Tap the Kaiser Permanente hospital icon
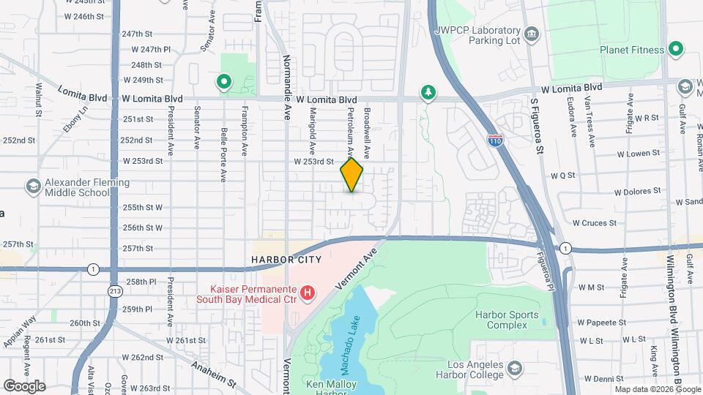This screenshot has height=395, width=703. tap(308, 293)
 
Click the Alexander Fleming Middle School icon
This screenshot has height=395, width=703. tap(33, 187)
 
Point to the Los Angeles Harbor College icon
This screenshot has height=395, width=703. tap(515, 367)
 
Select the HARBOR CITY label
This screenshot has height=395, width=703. tap(282, 260)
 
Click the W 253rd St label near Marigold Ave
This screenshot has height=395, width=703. tap(313, 161)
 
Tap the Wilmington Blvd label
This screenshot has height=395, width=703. tap(672, 344)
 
